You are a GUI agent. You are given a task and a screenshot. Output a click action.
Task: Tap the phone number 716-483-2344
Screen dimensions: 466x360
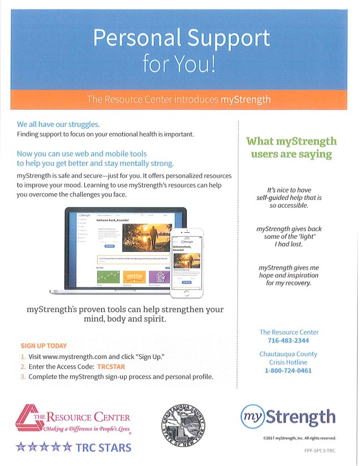point(289,341)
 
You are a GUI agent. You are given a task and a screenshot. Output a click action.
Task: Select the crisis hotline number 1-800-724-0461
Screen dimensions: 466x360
point(289,371)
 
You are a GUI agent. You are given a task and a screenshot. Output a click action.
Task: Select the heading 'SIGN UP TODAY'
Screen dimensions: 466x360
point(44,345)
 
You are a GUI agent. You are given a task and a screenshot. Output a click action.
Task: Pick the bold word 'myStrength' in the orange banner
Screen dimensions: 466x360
point(245,100)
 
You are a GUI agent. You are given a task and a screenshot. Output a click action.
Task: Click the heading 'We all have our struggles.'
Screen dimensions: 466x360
point(58,124)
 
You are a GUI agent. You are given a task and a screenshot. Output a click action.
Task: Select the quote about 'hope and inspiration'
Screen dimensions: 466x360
point(289,275)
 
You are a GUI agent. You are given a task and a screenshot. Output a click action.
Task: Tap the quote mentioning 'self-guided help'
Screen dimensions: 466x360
point(289,198)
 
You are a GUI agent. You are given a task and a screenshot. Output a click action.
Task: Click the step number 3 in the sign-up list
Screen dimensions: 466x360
point(23,377)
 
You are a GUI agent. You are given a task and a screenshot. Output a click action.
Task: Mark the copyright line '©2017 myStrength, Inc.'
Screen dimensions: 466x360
point(299,438)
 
